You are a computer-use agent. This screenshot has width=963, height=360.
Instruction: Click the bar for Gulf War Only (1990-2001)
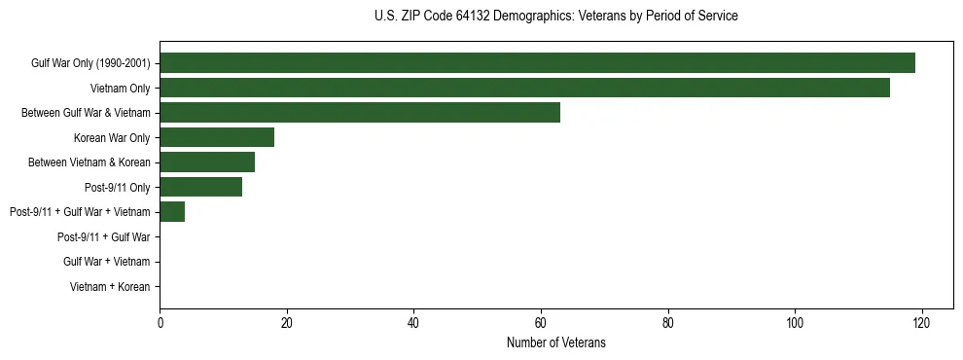coord(537,63)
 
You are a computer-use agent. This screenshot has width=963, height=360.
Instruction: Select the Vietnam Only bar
coord(524,88)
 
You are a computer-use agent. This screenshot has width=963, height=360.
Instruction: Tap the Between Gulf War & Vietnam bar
coord(360,113)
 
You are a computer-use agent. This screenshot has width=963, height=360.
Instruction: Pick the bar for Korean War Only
coord(217,137)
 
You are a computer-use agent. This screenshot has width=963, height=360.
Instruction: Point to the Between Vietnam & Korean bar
coord(207,162)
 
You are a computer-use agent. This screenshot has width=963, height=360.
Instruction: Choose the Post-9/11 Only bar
coord(200,187)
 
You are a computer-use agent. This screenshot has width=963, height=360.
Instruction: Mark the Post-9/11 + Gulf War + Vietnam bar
coord(172,211)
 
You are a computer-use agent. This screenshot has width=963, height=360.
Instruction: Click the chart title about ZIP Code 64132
coord(555,17)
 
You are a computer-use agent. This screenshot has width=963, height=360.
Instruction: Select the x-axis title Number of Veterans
coord(555,342)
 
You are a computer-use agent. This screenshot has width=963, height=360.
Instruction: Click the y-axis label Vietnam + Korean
coord(110,287)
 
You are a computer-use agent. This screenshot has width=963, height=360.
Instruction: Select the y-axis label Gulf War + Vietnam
coord(106,262)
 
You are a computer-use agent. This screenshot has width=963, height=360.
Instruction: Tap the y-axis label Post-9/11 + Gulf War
coord(103,236)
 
